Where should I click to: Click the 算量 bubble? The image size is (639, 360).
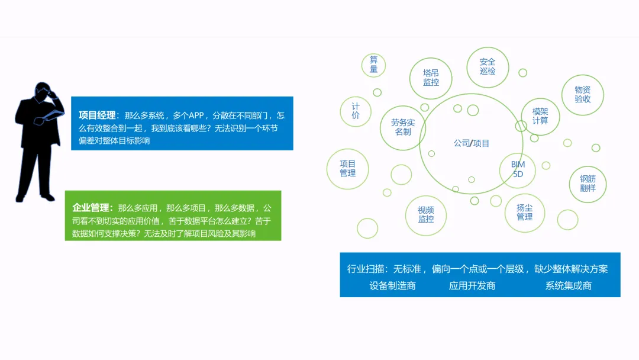point(373,65)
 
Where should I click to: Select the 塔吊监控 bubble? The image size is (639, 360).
point(431,78)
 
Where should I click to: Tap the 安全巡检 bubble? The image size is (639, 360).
point(488,66)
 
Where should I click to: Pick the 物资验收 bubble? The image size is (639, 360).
point(583,94)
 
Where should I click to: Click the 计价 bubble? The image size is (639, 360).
point(356,111)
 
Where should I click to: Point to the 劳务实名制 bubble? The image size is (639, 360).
point(403,127)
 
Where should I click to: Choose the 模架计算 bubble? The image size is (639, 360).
point(540,116)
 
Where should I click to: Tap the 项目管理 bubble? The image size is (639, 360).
point(348,168)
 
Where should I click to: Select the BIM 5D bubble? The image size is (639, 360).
point(518,169)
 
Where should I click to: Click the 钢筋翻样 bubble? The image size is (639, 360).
point(588,184)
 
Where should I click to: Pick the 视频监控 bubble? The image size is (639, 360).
point(426,214)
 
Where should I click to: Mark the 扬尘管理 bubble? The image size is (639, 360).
point(524,213)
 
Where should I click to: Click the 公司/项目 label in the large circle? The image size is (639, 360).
point(472,143)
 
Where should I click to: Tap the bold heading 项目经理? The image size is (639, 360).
point(97,115)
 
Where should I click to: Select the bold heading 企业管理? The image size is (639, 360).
point(91,208)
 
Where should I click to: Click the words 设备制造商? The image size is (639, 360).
point(392,286)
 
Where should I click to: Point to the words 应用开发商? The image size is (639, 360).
point(472,286)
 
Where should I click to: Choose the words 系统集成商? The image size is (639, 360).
point(568,286)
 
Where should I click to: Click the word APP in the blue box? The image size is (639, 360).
point(196,115)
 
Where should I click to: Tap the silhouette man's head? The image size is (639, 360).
point(43,92)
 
